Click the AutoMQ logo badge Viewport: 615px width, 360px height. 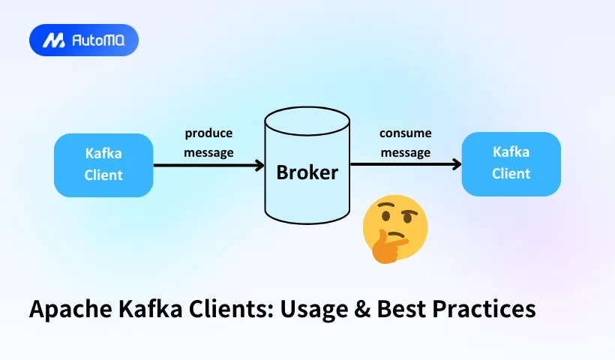[x=84, y=40]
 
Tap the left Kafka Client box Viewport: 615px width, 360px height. [x=103, y=165]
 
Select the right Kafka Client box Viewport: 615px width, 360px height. [x=511, y=163]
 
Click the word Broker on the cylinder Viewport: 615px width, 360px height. [x=307, y=172]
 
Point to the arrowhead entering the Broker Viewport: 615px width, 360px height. [x=259, y=165]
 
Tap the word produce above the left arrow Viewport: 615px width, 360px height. [x=209, y=133]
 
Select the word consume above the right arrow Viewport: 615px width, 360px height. [x=405, y=133]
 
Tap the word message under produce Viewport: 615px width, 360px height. [x=209, y=153]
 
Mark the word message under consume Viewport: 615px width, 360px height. [x=405, y=153]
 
